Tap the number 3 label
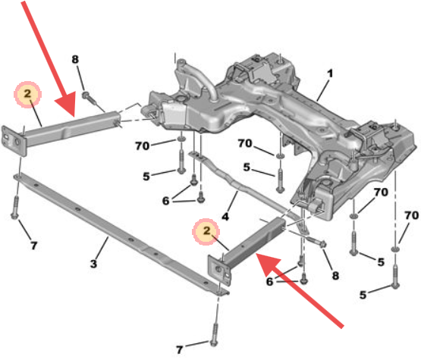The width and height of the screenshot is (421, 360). (93, 264)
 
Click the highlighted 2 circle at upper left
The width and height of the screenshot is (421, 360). (27, 94)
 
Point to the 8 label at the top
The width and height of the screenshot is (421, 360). (75, 59)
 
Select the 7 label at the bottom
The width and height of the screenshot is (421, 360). (180, 349)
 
